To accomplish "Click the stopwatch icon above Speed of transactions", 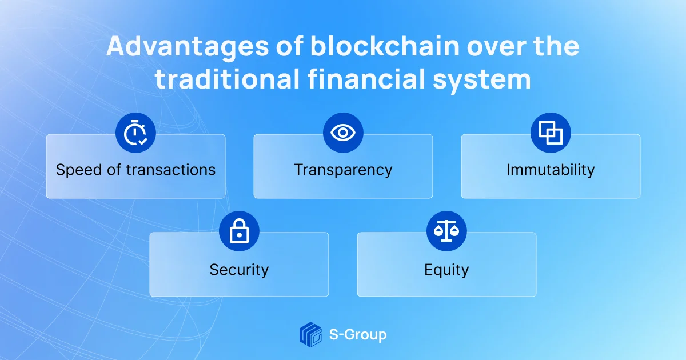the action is click(x=135, y=133).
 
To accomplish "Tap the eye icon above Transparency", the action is click(x=343, y=133).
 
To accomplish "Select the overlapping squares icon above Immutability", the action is click(x=551, y=133).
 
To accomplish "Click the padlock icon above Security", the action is click(x=239, y=231).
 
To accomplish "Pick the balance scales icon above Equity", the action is click(x=446, y=231).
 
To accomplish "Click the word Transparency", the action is click(x=343, y=170).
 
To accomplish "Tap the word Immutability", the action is click(x=551, y=170).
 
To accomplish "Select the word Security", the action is click(x=239, y=270).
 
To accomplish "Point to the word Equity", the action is click(x=446, y=270).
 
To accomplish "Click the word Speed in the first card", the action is click(x=79, y=170).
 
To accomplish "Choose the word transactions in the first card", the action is click(x=170, y=170).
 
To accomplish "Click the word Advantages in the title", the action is click(x=188, y=47).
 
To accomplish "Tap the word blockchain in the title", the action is click(x=385, y=46).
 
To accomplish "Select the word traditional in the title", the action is click(x=227, y=79).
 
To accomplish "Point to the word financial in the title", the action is click(x=366, y=79).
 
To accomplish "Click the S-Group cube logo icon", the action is click(x=310, y=335).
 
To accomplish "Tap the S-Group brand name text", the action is click(x=358, y=335).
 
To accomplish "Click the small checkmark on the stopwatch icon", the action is click(x=143, y=141).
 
